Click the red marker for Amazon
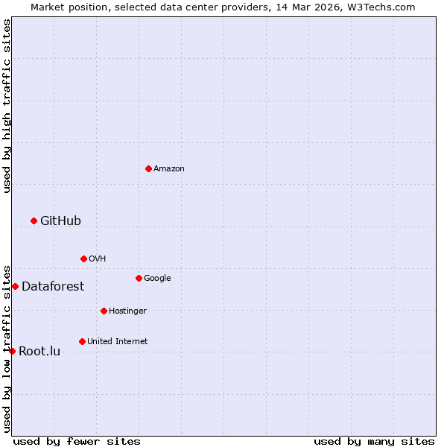(x=148, y=168)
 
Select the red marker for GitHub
(x=34, y=221)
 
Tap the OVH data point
(x=83, y=259)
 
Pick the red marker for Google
(x=139, y=278)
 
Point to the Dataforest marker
(x=15, y=286)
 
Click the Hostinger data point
(x=104, y=311)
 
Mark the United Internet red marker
(x=82, y=341)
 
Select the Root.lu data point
(x=12, y=351)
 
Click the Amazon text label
(x=169, y=169)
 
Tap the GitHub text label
(x=60, y=221)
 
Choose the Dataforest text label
(x=53, y=286)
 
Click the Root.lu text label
(x=39, y=351)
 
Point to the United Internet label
(x=117, y=341)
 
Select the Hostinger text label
(x=127, y=311)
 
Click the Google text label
(x=157, y=278)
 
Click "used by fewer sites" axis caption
(x=77, y=441)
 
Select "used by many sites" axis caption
(x=374, y=441)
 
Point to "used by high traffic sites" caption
(x=7, y=106)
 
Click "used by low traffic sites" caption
(x=7, y=348)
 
